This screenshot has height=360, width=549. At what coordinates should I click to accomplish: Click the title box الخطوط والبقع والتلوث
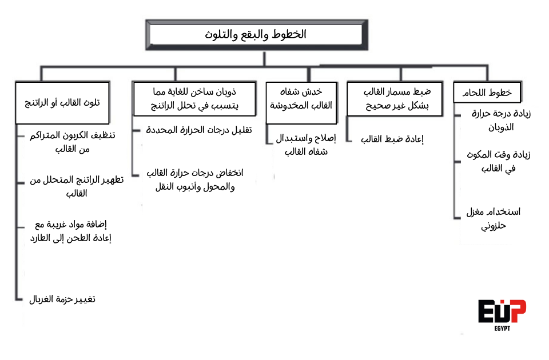coord(255,35)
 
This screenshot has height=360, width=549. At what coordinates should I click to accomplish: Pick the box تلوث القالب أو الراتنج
coord(62,103)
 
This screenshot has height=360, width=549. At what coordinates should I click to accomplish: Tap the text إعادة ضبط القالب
coord(394,138)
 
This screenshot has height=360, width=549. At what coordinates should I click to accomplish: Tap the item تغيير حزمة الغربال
coord(62,299)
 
